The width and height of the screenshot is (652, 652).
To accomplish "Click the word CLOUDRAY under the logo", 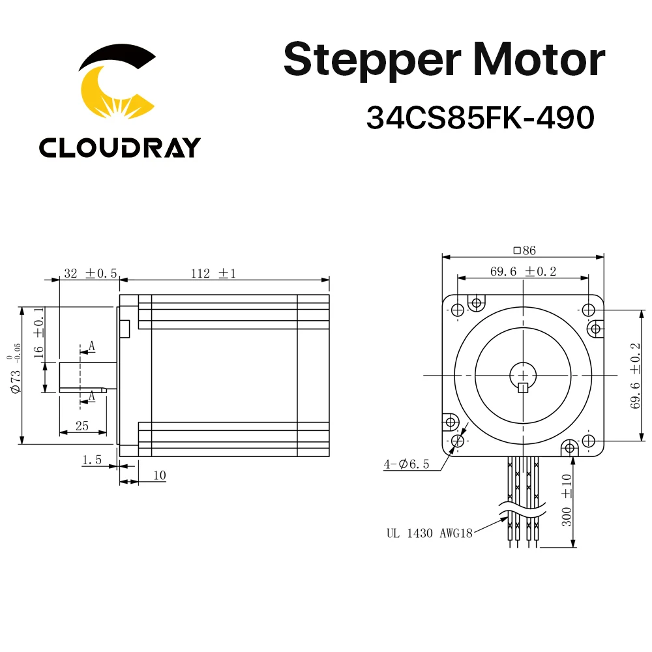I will coord(119,147).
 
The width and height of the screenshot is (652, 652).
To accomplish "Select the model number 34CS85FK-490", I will coord(481,118).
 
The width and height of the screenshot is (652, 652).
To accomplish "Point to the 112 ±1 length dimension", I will coord(213,274).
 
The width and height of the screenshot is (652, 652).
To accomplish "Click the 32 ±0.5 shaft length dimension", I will coord(90,274).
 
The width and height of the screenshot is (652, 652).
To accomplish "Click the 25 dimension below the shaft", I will coord(81,426).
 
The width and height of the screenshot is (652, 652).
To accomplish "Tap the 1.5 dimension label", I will coord(91,460).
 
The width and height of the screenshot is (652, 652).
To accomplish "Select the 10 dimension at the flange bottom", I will coord(159,476).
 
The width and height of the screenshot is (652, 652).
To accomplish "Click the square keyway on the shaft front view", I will coord(522,389).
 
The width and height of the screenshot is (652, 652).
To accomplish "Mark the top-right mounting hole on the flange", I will coord(588,309).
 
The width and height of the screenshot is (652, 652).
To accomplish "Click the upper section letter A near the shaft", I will coord(92,346).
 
